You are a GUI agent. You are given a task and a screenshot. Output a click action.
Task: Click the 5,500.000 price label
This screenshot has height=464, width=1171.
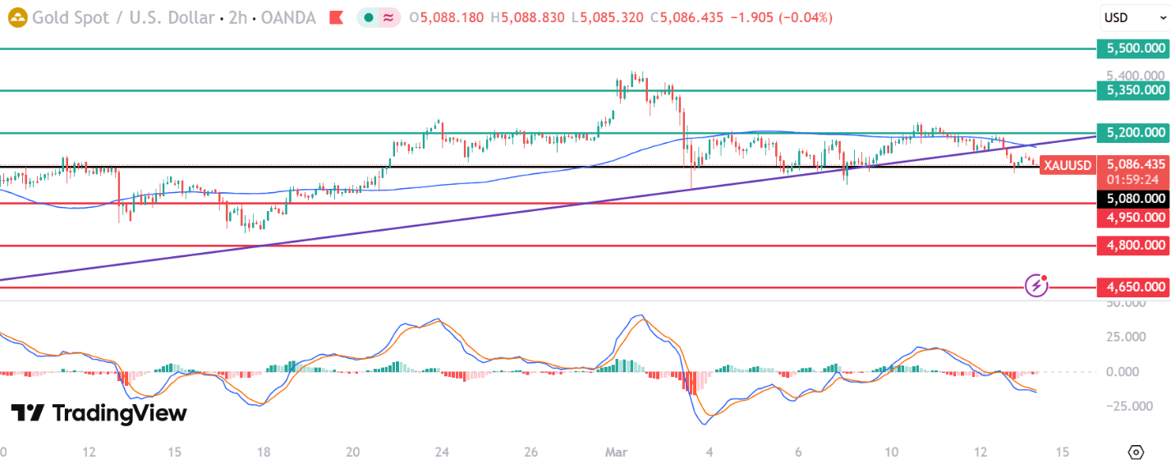coord(1133,48)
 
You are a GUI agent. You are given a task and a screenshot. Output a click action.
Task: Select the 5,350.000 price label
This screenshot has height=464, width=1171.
coord(1133,90)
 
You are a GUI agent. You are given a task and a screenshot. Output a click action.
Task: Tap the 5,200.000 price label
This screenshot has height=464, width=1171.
coord(1133,132)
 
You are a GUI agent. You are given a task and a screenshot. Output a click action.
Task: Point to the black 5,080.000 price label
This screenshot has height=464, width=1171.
coord(1133,198)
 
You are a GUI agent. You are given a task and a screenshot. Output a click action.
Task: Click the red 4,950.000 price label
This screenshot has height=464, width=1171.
coord(1133,217)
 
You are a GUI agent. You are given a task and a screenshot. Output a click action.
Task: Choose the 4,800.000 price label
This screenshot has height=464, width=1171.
coord(1133,245)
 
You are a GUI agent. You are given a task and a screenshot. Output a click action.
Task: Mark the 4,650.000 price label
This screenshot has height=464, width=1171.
coord(1133,287)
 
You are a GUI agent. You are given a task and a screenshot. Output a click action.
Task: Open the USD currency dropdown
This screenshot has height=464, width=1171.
coord(1133,17)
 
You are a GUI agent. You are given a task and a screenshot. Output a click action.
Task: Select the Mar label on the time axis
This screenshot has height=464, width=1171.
coord(616,452)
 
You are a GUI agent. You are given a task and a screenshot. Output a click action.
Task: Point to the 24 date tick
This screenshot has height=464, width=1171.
coord(442,452)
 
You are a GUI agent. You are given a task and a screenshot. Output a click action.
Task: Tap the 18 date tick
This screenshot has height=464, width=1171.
coord(264,452)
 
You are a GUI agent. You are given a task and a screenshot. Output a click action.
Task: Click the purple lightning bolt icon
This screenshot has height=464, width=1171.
coord(1036,285)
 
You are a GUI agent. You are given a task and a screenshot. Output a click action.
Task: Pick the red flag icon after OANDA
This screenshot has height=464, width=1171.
coord(336,17)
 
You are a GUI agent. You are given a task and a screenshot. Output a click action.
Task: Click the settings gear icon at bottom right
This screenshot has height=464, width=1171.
coord(1136,452)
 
